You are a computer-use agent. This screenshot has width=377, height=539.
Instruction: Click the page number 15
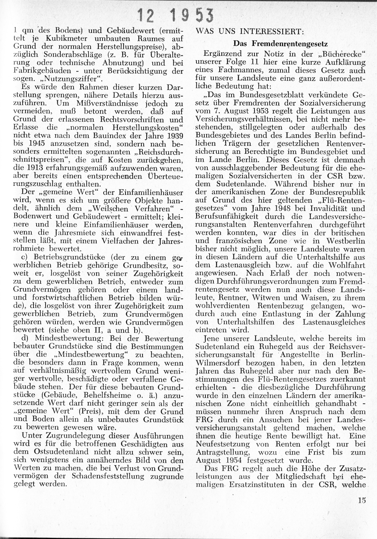[362, 501]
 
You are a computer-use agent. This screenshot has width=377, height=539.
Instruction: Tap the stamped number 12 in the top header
[146, 15]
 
